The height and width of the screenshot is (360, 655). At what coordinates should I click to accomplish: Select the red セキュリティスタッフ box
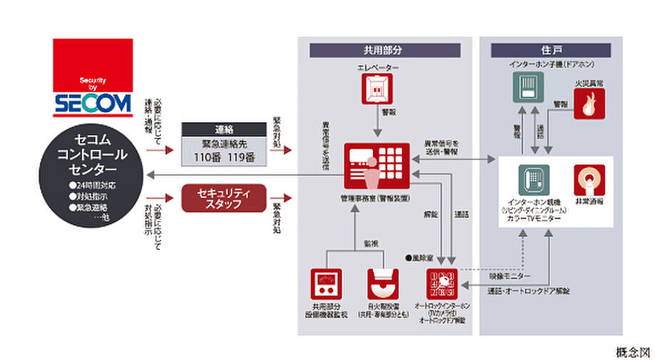pyautogui.click(x=223, y=198)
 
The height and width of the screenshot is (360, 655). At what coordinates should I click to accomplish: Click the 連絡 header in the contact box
pyautogui.click(x=223, y=129)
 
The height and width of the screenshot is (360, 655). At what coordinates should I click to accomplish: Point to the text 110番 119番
pyautogui.click(x=223, y=156)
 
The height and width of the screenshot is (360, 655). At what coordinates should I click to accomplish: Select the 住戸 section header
pyautogui.click(x=550, y=51)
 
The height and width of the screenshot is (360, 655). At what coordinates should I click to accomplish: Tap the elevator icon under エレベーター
pyautogui.click(x=378, y=89)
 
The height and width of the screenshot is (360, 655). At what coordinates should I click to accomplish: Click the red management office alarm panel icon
pyautogui.click(x=377, y=167)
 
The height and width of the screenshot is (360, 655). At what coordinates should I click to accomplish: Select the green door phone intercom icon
pyautogui.click(x=527, y=91)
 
